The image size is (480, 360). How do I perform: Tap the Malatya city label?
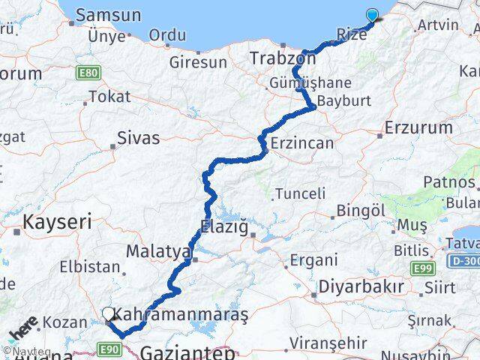pyautogui.click(x=157, y=251)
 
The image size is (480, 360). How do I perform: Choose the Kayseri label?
pyautogui.click(x=57, y=222)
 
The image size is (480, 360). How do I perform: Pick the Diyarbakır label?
pyautogui.click(x=361, y=287)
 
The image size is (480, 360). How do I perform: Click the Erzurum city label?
pyautogui.click(x=418, y=127)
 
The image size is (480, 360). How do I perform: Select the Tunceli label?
pyautogui.click(x=300, y=193)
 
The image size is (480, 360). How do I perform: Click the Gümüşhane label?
pyautogui.click(x=302, y=82)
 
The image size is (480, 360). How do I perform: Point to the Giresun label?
pyautogui.click(x=197, y=62)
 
